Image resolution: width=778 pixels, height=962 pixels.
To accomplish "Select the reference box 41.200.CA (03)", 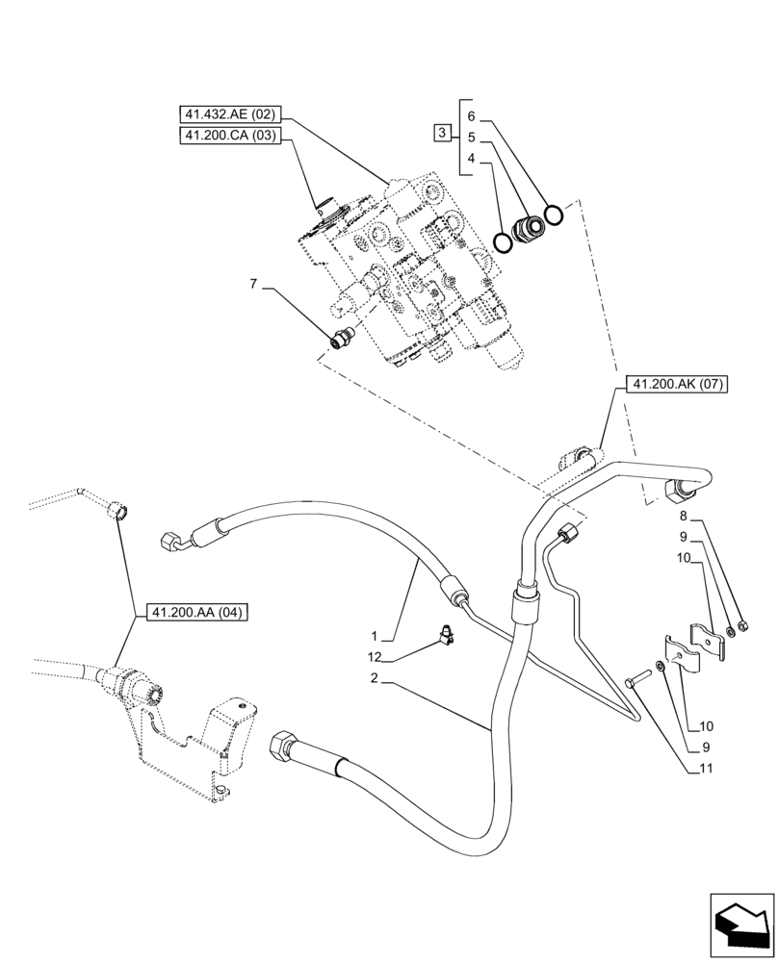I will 229,137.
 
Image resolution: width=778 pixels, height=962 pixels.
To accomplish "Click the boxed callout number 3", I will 443,133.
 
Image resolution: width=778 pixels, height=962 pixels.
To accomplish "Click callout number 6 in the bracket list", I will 471,115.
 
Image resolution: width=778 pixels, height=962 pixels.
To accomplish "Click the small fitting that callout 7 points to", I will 340,337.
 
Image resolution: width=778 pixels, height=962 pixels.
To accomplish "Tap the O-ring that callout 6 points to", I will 553,214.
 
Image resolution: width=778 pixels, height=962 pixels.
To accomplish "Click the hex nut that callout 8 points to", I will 744,629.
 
